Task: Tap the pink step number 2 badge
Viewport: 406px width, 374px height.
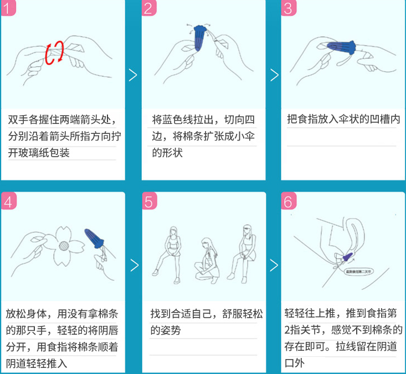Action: (x=148, y=8)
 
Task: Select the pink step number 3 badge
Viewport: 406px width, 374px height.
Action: (x=288, y=8)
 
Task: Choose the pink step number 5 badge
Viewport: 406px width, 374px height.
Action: (x=148, y=201)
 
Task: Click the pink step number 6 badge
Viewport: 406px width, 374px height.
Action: (x=288, y=201)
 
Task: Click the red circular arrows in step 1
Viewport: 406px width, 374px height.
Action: (x=54, y=53)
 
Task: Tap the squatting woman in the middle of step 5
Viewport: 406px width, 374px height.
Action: (x=208, y=260)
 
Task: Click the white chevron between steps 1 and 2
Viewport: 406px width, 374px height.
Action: (x=133, y=75)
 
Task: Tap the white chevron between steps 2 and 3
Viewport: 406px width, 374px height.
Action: (x=274, y=75)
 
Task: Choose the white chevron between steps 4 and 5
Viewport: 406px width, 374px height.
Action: (x=133, y=266)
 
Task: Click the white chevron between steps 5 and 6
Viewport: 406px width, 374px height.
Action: (x=274, y=266)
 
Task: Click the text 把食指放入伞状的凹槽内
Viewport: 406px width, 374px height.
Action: (x=343, y=120)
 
